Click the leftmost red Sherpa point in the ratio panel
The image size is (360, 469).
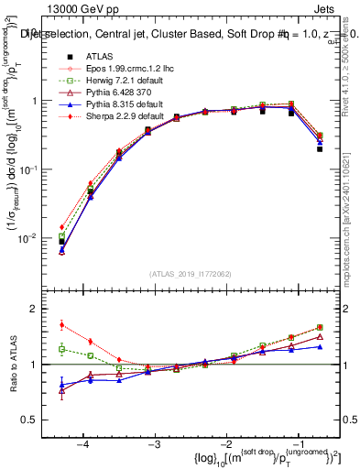pos(61,325)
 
